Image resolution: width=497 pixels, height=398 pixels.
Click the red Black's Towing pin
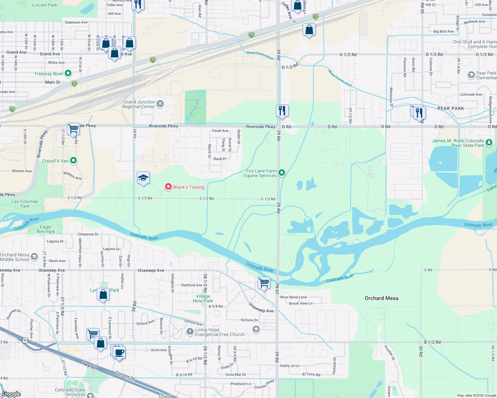[x=168, y=187]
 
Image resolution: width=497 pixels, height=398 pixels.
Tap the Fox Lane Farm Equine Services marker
[x=282, y=172]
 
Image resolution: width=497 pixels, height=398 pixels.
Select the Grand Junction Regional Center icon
[x=160, y=104]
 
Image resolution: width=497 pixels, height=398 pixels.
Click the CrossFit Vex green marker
[x=73, y=161]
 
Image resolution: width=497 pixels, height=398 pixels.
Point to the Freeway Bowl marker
[x=68, y=73]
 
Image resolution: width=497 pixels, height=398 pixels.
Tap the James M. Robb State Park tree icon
[x=489, y=143]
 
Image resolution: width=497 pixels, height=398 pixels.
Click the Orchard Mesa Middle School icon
[x=34, y=257]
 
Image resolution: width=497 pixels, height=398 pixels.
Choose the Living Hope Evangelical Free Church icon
[x=190, y=331]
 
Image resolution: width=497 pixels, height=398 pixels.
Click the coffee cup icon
[x=119, y=352]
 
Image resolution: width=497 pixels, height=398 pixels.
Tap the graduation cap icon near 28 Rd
[x=143, y=178]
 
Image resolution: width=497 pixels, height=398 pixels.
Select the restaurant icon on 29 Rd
[x=282, y=110]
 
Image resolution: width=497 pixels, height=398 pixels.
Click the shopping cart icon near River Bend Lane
[x=264, y=283]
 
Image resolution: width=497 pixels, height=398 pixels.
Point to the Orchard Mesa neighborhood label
[x=381, y=298]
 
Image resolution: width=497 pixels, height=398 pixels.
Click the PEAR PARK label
[x=450, y=108]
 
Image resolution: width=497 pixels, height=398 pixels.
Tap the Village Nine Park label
[x=203, y=298]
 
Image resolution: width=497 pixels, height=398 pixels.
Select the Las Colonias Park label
[x=25, y=204]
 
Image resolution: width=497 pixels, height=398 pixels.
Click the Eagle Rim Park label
[x=46, y=229]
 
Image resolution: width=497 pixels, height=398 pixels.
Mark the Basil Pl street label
[x=220, y=159]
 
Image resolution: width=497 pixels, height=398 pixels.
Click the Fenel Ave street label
[x=220, y=131]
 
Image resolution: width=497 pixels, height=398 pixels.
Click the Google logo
[x=11, y=394]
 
